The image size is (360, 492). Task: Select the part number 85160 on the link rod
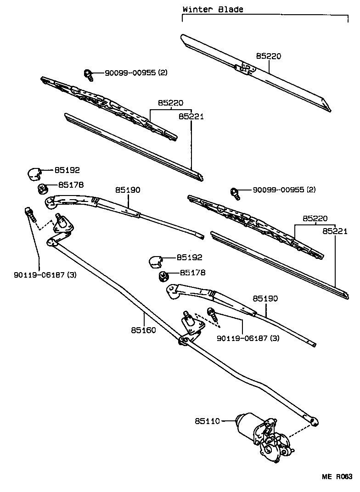(143, 330)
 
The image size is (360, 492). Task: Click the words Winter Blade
(213, 9)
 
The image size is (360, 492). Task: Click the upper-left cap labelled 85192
(34, 174)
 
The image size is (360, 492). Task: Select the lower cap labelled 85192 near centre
(155, 261)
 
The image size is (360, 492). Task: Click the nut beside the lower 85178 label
(163, 276)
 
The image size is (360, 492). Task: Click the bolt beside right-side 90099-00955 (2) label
(236, 193)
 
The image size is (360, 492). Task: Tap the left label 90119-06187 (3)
(38, 275)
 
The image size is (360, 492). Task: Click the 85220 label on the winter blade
(269, 56)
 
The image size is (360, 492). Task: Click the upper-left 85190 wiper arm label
(127, 190)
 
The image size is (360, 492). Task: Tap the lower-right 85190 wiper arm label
(265, 298)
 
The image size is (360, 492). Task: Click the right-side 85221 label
(335, 231)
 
